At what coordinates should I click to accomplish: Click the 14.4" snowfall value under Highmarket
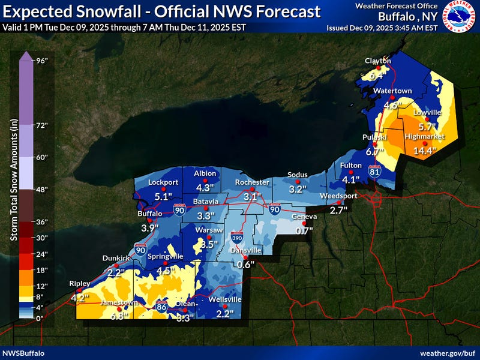(424, 151)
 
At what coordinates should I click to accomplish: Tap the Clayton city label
(379, 61)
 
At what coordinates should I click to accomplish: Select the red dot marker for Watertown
(392, 97)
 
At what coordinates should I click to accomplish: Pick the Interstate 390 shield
(236, 239)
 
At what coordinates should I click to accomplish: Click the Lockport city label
(163, 182)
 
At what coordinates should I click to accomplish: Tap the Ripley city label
(79, 283)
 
